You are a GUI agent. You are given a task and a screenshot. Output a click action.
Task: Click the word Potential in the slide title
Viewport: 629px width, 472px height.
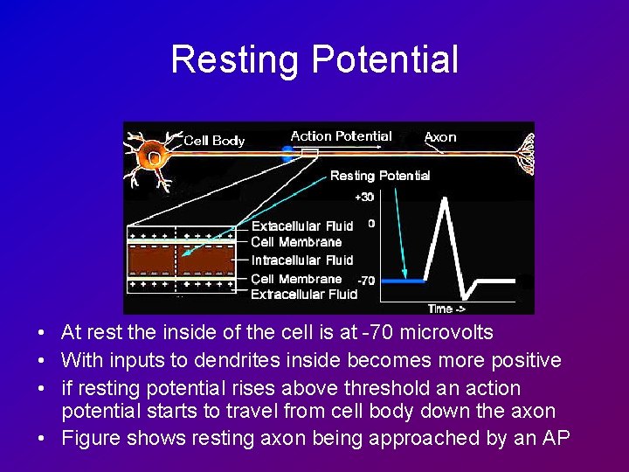coord(384,59)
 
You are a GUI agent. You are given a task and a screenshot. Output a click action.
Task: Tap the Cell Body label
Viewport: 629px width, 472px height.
coord(214,141)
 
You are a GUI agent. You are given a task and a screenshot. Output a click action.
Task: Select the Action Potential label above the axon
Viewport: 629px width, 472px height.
coord(341,136)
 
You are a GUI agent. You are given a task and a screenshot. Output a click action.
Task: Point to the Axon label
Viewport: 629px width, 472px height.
coord(439,137)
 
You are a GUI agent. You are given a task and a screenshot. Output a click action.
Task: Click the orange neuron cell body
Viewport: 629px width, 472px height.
coord(154,157)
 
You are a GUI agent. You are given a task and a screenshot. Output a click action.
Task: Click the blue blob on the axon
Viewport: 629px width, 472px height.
coord(287,154)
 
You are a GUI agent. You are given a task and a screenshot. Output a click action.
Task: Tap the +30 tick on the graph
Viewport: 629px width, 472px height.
coord(364,197)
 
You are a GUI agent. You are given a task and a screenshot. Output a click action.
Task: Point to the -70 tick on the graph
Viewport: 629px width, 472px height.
coord(367,281)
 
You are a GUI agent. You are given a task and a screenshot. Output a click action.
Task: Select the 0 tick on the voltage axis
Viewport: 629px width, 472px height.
coord(371,224)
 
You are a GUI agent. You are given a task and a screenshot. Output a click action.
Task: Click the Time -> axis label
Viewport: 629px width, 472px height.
coord(446,308)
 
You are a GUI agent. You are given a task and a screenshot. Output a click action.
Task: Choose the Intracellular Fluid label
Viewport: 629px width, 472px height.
coord(302,260)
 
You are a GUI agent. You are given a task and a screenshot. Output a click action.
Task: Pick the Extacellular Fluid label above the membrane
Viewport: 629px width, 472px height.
coord(302,226)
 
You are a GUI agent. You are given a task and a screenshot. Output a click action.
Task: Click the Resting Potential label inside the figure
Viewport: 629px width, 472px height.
coord(380,176)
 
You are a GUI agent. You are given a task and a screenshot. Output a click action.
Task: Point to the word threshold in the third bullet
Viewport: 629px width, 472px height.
coord(394,388)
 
